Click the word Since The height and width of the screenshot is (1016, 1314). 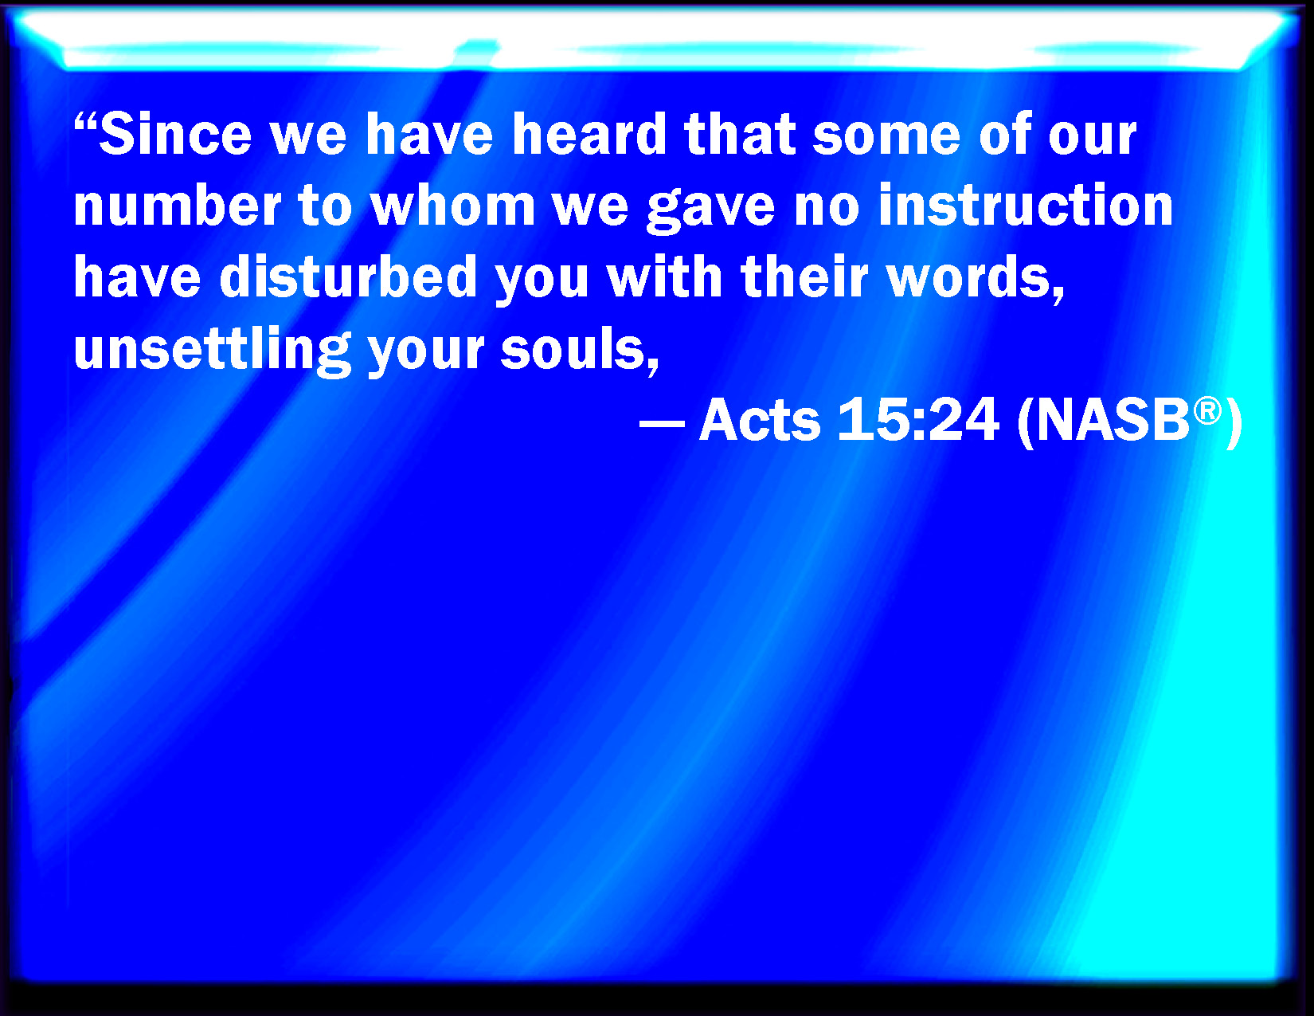[175, 134]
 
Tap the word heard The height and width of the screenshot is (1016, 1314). [590, 134]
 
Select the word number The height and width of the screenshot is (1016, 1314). [178, 206]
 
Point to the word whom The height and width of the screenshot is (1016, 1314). [453, 206]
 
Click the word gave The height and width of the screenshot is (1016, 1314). [711, 210]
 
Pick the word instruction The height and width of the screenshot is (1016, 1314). [1027, 206]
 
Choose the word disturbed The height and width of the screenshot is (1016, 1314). [349, 277]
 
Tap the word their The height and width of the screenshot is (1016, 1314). [805, 277]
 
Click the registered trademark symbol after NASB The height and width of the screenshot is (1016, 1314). [1207, 411]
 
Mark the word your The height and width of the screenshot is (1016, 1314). [426, 354]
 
